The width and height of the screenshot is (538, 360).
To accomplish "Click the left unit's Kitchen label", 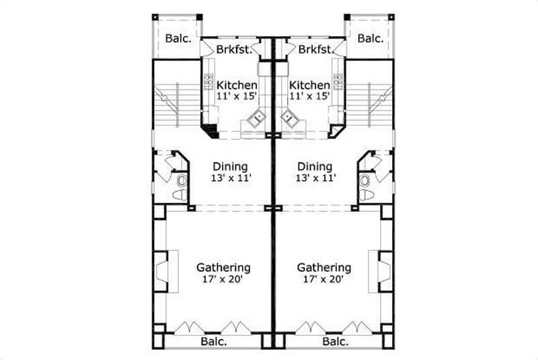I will coord(236,86).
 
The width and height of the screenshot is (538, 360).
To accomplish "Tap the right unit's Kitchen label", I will coord(309,86).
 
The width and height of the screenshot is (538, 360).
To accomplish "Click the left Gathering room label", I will coord(223,267).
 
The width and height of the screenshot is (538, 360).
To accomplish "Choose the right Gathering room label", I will coord(324,267).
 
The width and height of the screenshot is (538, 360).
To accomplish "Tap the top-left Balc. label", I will coord(178,38).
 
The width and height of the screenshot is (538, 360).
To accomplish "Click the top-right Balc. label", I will coord(370,38).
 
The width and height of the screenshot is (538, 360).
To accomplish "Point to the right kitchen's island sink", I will coord(290,120).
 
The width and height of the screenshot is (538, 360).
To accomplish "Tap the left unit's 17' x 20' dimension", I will coord(223,279).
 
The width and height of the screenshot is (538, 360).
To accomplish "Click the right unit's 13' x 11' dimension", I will coord(314,178).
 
